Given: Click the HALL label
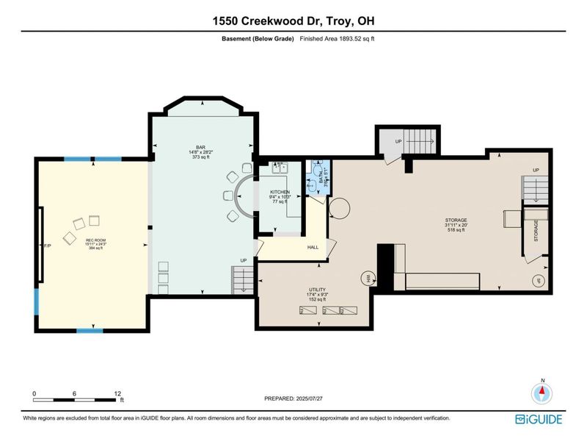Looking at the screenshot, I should pyautogui.click(x=311, y=248).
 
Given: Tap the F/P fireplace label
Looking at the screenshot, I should pyautogui.click(x=48, y=244).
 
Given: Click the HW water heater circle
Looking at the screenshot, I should pyautogui.click(x=367, y=278).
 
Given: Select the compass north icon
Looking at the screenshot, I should pyautogui.click(x=542, y=393).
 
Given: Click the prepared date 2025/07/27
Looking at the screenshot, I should pyautogui.click(x=293, y=398).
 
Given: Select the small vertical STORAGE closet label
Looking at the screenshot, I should pyautogui.click(x=536, y=229).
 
